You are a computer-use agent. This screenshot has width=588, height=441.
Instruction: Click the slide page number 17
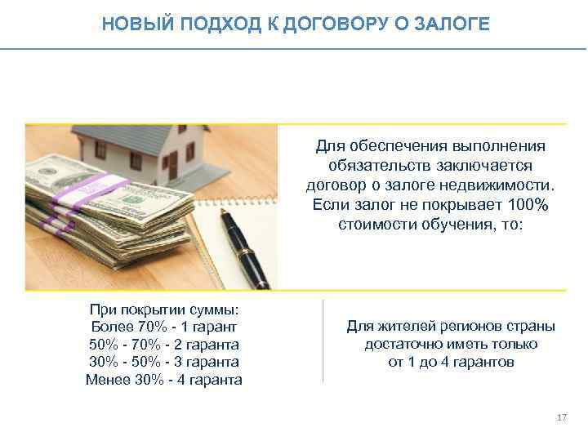click(560, 418)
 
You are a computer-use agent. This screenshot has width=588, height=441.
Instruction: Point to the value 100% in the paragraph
click(520, 204)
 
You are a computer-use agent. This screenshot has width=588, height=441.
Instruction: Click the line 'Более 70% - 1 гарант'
click(163, 327)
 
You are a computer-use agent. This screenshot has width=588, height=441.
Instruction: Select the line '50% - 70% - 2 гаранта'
click(163, 345)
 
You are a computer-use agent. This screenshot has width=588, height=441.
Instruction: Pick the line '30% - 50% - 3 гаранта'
click(163, 362)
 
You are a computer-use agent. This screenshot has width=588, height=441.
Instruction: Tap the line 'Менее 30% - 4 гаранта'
click(163, 380)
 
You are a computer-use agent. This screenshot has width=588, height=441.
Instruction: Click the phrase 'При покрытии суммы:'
click(163, 310)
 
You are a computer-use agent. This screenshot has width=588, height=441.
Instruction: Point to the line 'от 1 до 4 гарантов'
click(451, 362)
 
